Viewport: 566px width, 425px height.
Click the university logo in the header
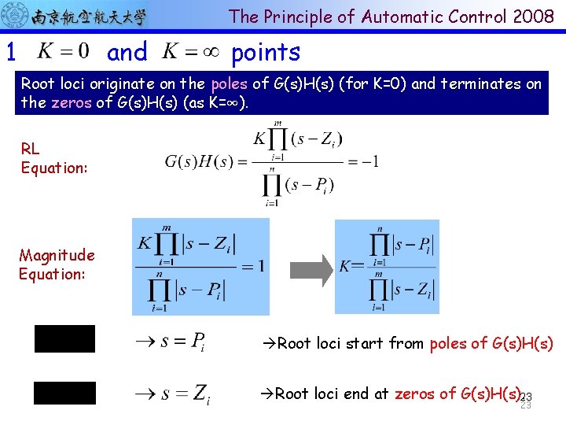[75, 16]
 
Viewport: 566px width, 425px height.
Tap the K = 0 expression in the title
[64, 52]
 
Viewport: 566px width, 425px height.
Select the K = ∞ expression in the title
[191, 52]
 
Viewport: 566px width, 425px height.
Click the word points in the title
[266, 53]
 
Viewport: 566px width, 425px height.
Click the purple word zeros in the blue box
[72, 102]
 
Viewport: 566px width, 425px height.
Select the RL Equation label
[54, 158]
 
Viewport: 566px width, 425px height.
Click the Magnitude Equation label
[57, 264]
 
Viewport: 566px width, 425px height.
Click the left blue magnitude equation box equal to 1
[200, 266]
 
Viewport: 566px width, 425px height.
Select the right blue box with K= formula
[387, 267]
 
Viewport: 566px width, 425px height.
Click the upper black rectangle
[64, 338]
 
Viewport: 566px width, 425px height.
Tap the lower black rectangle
[64, 394]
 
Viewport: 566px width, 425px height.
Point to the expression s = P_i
[171, 342]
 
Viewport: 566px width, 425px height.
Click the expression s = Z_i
[171, 393]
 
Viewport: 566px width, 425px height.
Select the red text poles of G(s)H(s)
[491, 343]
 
